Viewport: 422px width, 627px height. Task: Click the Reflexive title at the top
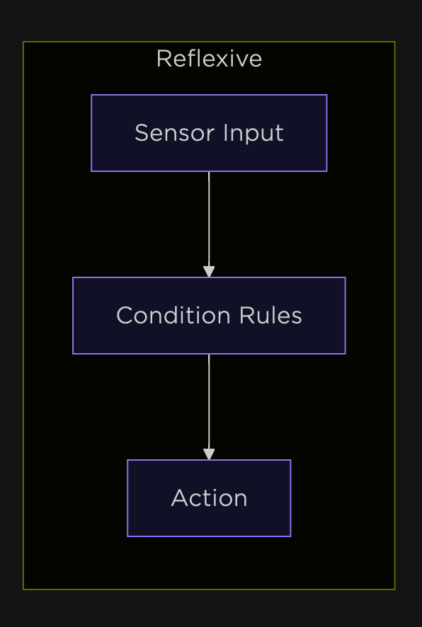coord(209,59)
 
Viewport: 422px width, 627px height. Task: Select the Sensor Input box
coord(209,133)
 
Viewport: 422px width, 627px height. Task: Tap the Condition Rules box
coord(209,316)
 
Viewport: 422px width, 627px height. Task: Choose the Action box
coord(209,498)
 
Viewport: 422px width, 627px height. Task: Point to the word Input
coord(253,134)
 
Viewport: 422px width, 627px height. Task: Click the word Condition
coord(173,315)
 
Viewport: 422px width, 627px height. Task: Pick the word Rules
coord(270,315)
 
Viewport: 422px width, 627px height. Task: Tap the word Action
coord(209,497)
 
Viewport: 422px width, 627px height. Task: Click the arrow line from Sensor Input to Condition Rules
coord(209,224)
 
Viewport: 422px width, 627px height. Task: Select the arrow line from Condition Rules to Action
coord(209,407)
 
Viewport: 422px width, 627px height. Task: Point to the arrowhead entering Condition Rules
coord(209,272)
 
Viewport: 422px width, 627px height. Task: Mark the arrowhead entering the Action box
coord(209,454)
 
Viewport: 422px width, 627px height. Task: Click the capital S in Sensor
coord(142,133)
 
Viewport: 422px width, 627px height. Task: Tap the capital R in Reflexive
coord(164,59)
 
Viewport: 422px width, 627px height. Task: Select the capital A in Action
coord(180,497)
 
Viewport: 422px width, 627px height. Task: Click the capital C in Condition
coord(125,315)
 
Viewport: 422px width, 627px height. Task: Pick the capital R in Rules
coord(247,315)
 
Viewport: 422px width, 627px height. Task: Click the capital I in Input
coord(224,133)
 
